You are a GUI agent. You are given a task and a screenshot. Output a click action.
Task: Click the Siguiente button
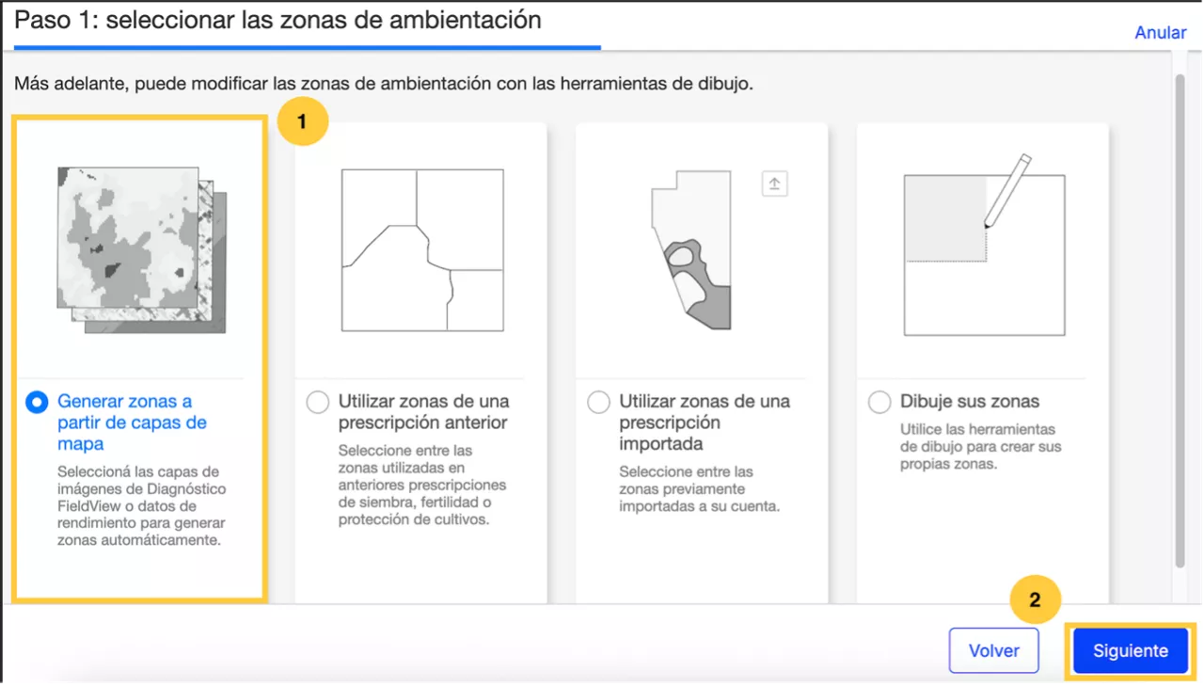click(x=1130, y=650)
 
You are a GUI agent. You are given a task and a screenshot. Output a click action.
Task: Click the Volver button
click(x=994, y=650)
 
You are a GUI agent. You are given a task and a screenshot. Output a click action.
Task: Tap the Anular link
click(x=1161, y=33)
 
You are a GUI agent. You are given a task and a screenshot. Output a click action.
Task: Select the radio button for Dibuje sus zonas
click(x=879, y=402)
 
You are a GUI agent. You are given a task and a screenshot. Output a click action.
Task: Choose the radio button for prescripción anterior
click(x=318, y=402)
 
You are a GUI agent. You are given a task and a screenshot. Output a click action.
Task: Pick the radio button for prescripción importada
click(x=599, y=402)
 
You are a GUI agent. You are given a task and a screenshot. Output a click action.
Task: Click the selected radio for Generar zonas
click(x=37, y=402)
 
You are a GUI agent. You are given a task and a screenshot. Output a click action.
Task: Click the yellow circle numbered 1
click(x=303, y=121)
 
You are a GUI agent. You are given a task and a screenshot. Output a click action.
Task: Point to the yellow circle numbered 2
click(x=1036, y=599)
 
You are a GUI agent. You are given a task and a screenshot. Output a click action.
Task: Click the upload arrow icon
click(x=774, y=183)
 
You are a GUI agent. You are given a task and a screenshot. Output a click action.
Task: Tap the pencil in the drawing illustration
click(x=1007, y=191)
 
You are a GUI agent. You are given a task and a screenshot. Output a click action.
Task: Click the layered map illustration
click(x=142, y=250)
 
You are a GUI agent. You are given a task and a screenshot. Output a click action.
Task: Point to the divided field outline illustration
click(x=422, y=250)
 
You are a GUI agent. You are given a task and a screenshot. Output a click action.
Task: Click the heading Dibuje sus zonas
click(x=970, y=402)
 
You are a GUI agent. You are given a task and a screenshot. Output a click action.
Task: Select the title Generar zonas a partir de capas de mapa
click(x=133, y=423)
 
